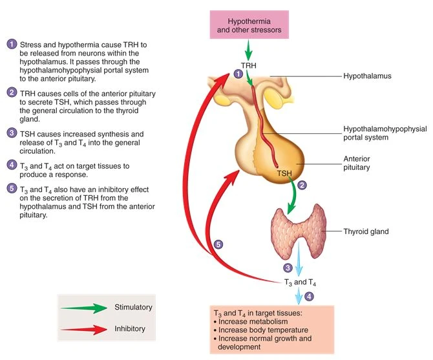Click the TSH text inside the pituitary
[284, 173]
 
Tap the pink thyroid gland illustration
[298, 229]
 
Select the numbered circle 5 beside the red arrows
[218, 244]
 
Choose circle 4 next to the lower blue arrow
[309, 297]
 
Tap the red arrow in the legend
[85, 329]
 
